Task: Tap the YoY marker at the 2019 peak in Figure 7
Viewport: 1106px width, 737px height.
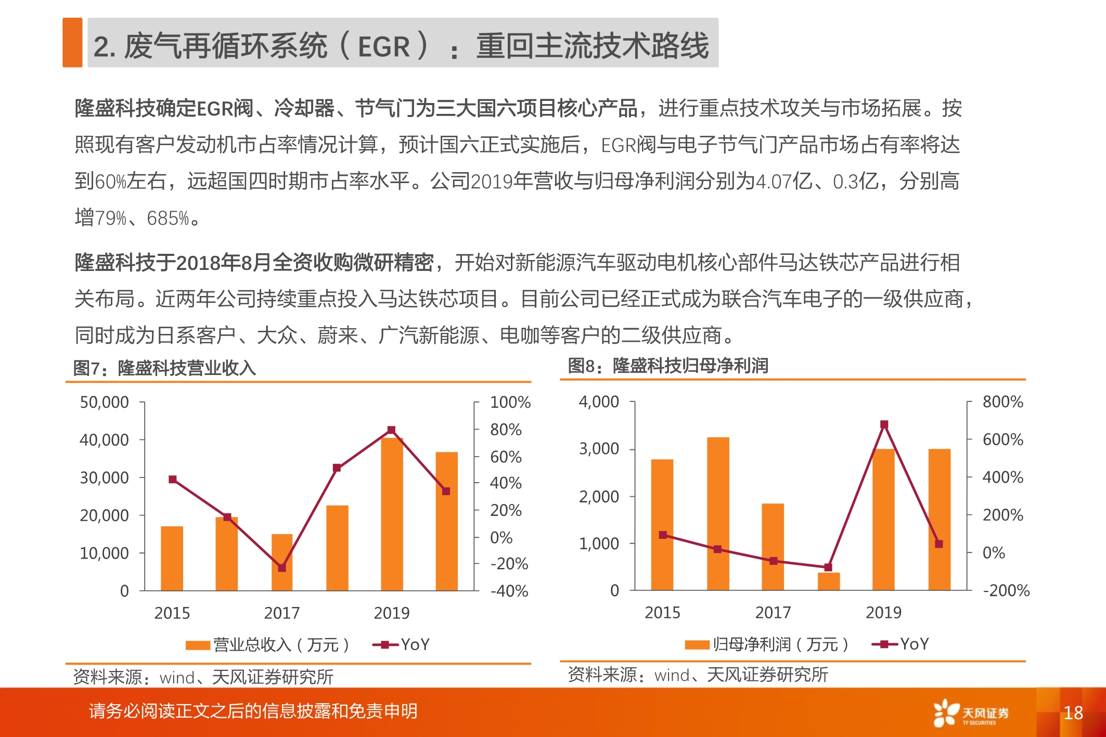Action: pyautogui.click(x=391, y=430)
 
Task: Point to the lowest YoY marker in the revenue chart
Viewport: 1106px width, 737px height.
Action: pyautogui.click(x=281, y=568)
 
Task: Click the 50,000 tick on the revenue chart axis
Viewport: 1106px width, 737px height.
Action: pyautogui.click(x=104, y=402)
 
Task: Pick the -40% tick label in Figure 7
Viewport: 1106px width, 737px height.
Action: pyautogui.click(x=509, y=591)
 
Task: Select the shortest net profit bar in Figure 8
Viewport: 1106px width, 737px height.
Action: pyautogui.click(x=828, y=581)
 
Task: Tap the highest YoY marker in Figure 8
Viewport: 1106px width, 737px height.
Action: pyautogui.click(x=884, y=424)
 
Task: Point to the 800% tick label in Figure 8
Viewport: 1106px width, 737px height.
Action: pyautogui.click(x=1002, y=402)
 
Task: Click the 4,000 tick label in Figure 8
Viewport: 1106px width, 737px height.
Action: pyautogui.click(x=599, y=402)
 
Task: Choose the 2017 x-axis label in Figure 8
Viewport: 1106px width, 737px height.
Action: pyautogui.click(x=773, y=612)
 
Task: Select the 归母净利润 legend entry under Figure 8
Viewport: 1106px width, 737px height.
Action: pyautogui.click(x=767, y=644)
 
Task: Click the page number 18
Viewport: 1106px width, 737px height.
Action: pyautogui.click(x=1073, y=712)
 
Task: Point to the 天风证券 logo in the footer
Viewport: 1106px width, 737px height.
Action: pyautogui.click(x=971, y=713)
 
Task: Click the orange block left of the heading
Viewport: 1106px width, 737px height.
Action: pyautogui.click(x=72, y=43)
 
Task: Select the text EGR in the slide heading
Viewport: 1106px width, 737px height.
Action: pyautogui.click(x=384, y=47)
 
